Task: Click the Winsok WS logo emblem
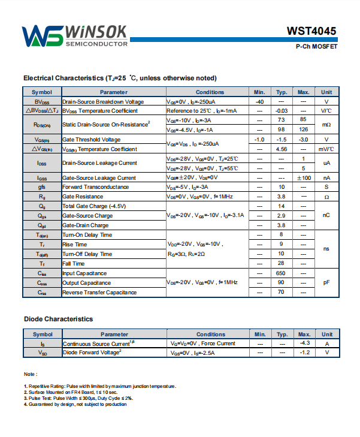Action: (43, 37)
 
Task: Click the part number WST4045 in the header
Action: (311, 31)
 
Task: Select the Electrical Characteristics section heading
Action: (120, 78)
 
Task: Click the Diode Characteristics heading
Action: (58, 319)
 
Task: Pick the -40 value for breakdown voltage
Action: (259, 102)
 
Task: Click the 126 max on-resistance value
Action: (304, 129)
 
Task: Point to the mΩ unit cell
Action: (326, 125)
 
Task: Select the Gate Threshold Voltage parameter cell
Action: (91, 139)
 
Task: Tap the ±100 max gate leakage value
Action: (304, 178)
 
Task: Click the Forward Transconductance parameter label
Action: (98, 187)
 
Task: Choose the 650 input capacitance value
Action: (280, 273)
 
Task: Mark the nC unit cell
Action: (326, 215)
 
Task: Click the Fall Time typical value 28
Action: (280, 264)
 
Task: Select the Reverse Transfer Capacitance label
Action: (99, 293)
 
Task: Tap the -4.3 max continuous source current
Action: (304, 343)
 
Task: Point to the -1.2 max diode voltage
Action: (304, 352)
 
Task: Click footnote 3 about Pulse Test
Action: (78, 398)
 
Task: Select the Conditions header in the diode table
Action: (211, 334)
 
